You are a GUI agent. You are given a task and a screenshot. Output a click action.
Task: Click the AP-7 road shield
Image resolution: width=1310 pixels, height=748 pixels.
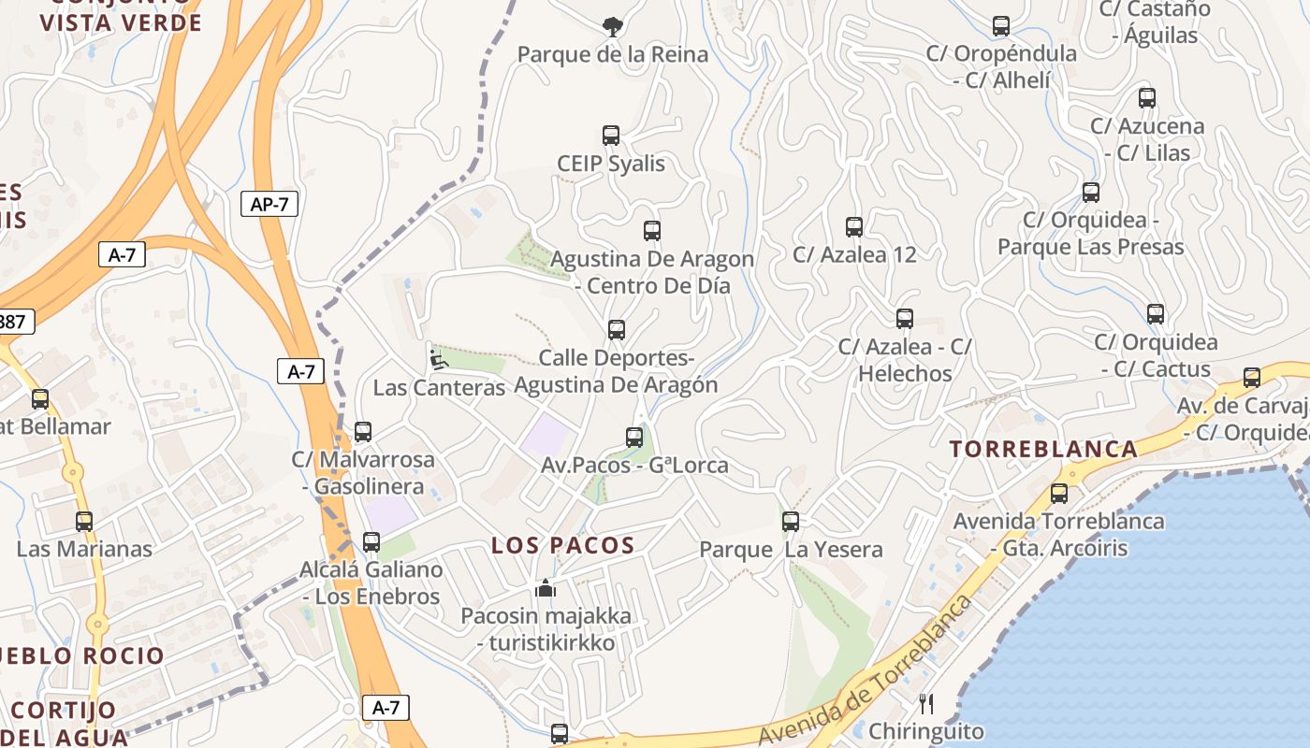pos(269,204)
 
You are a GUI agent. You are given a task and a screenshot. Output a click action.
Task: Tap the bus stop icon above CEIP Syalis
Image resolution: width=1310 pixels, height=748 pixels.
pos(611,136)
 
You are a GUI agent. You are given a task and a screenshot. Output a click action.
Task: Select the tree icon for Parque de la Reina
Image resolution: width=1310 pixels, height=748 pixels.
pos(613,26)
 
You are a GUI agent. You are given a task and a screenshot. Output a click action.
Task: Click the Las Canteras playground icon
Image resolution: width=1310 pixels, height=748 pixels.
pos(437,358)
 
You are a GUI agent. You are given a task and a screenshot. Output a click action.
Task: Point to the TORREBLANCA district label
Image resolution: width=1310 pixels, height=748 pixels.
pos(1043,449)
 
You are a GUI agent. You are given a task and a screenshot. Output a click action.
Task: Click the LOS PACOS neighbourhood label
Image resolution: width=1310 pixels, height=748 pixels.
pos(563,545)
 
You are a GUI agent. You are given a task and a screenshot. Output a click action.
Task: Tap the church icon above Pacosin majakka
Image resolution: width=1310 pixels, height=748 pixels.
pos(546,588)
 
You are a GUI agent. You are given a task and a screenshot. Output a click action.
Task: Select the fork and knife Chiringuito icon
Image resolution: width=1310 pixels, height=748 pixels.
pos(926,703)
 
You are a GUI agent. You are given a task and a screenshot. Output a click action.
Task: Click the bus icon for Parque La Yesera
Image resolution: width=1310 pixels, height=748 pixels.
pos(791,521)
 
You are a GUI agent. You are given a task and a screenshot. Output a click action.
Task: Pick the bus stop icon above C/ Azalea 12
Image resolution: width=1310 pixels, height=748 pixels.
pos(854,226)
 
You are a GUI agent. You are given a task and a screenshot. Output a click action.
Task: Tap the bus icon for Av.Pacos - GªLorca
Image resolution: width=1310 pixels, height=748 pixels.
pos(634,437)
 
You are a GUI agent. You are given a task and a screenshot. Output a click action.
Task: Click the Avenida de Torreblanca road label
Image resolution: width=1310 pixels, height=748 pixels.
pos(866,671)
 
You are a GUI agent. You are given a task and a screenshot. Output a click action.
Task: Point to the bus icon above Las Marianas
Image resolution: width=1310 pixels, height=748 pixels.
pos(84,521)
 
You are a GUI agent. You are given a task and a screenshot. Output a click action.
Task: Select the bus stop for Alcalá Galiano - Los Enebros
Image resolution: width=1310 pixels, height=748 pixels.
pos(371,541)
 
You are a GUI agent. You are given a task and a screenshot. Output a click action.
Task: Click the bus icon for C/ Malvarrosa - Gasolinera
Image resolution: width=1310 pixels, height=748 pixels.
pos(363,432)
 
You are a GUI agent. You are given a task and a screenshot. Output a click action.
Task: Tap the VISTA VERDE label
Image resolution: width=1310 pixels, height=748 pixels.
pos(122,22)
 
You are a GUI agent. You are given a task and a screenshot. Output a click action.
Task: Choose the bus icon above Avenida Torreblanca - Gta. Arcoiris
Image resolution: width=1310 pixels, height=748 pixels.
pos(1059,493)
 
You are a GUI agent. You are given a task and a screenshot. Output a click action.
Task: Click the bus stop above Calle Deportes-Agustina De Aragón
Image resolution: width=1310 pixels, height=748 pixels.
pos(616,329)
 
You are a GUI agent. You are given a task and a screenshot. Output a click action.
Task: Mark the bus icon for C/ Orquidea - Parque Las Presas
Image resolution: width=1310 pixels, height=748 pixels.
pos(1091,193)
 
